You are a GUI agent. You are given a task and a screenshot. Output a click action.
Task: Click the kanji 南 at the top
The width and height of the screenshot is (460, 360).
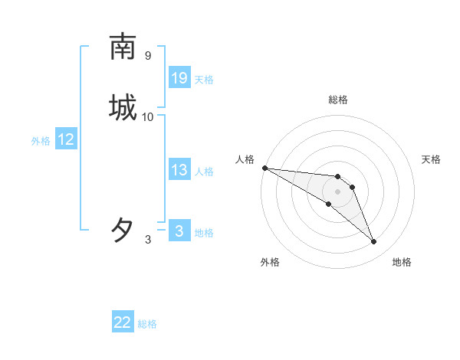click(123, 47)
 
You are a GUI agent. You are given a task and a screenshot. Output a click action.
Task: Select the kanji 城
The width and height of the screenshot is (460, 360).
click(123, 108)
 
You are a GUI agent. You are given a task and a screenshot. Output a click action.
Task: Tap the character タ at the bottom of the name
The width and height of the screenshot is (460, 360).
click(123, 230)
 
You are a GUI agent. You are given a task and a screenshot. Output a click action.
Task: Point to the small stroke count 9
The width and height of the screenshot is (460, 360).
click(147, 55)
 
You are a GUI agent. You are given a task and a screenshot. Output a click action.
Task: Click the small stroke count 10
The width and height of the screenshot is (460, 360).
click(148, 116)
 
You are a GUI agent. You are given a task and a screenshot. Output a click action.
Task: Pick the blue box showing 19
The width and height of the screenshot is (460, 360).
click(179, 78)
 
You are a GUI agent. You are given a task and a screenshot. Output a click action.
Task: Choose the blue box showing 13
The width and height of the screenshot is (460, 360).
click(179, 170)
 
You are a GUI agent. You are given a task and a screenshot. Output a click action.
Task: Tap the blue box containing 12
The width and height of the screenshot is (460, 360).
click(66, 139)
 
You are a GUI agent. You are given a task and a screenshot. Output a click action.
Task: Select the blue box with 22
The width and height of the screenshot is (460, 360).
click(123, 322)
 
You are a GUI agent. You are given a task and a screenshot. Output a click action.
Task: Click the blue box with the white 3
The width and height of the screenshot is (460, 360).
click(179, 231)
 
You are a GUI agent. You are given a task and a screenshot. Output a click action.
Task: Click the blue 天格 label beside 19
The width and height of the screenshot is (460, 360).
click(204, 80)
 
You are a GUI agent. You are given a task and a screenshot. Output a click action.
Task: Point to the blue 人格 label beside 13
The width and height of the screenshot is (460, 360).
click(204, 172)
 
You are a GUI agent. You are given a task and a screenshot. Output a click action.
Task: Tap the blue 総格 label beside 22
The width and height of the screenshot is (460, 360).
click(147, 324)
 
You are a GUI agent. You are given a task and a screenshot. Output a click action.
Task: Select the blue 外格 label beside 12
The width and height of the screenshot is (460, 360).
click(41, 141)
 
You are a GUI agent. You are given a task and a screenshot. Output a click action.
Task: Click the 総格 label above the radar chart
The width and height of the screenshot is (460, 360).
click(338, 100)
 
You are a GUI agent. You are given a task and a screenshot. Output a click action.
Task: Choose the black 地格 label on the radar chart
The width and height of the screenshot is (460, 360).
click(402, 262)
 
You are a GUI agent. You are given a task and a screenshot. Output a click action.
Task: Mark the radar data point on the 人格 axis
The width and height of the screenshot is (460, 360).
click(264, 168)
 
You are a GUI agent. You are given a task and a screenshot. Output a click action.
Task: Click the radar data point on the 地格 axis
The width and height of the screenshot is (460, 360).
click(374, 242)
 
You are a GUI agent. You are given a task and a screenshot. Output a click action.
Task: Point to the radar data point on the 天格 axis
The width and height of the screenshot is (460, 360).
click(353, 187)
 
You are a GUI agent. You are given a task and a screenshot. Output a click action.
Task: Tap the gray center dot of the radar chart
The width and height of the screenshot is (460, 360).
click(338, 191)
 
